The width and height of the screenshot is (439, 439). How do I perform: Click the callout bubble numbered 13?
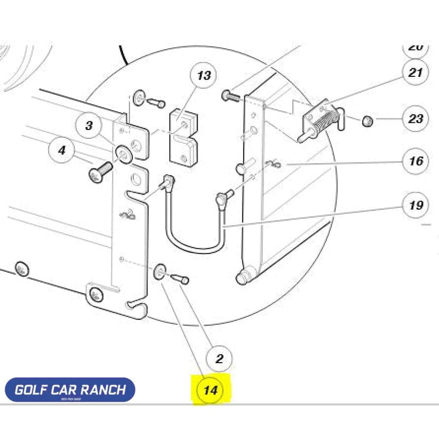pyautogui.click(x=204, y=76)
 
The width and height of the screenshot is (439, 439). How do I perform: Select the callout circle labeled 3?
pyautogui.click(x=89, y=125)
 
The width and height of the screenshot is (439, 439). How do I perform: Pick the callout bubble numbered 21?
pyautogui.click(x=416, y=71)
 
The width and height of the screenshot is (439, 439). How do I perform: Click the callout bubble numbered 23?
pyautogui.click(x=416, y=118)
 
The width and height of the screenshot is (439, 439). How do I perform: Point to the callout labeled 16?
pyautogui.click(x=416, y=161)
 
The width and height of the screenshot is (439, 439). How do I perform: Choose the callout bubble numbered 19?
pyautogui.click(x=416, y=206)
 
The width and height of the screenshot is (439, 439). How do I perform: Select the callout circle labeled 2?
pyautogui.click(x=219, y=360)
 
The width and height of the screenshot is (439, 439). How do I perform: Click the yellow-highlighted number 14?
pyautogui.click(x=211, y=391)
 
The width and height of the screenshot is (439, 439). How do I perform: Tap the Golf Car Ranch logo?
pyautogui.click(x=70, y=390)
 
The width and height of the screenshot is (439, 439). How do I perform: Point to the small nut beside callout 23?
pyautogui.click(x=367, y=120)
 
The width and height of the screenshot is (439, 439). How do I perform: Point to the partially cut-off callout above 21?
pyautogui.click(x=416, y=46)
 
